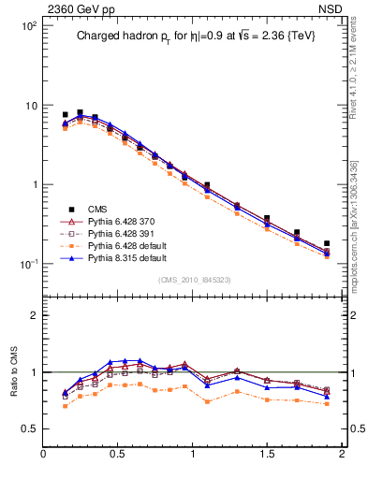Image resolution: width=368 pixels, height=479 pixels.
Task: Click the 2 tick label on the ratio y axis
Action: [x=32, y=315]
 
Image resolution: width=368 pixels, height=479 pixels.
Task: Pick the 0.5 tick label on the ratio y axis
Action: [x=28, y=428]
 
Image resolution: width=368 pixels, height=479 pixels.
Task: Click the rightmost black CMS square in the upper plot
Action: [x=327, y=243]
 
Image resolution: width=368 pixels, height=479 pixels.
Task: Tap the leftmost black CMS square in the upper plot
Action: [x=65, y=114]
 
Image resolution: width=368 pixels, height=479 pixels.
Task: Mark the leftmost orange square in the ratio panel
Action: [x=65, y=406]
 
